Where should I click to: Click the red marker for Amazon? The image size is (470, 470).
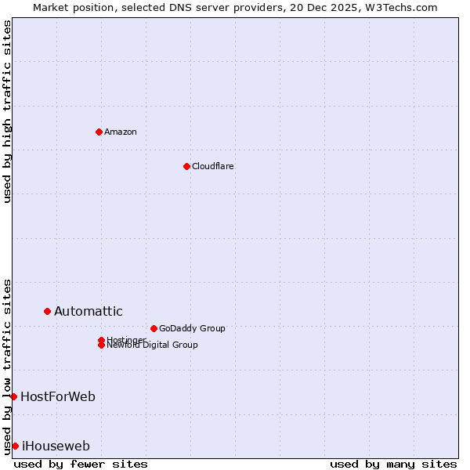coord(99,132)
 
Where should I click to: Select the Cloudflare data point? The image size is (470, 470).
coord(186,166)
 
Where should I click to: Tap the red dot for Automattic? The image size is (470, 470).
coord(47,311)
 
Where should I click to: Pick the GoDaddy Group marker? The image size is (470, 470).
coord(154,328)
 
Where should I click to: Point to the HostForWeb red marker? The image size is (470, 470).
coord(13,396)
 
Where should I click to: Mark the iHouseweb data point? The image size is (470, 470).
coord(15,446)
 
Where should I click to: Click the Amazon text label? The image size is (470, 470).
coord(121,132)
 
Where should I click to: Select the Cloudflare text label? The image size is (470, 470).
coord(213,166)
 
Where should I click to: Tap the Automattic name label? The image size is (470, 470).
coord(89,311)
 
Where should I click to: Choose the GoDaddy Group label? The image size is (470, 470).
coord(192,328)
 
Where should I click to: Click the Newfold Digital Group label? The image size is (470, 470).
coord(153,345)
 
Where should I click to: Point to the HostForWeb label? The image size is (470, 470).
coord(58,396)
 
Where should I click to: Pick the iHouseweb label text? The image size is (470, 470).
coord(56,446)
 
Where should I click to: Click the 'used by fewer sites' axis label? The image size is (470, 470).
coord(81,464)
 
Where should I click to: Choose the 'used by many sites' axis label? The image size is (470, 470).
coord(393,464)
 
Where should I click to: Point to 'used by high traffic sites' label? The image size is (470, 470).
coord(7,111)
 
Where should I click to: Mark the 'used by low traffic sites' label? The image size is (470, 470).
coord(7,366)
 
